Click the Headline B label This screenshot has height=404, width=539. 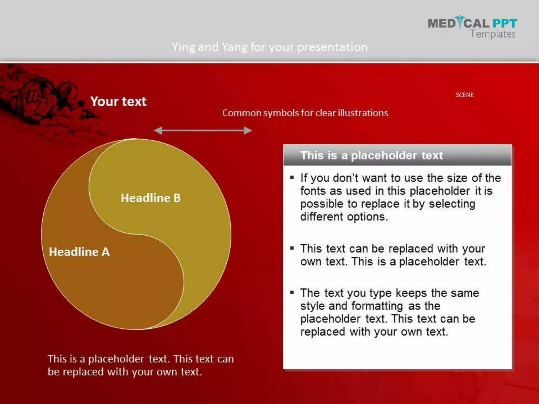(x=151, y=198)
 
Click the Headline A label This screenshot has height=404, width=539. (x=79, y=252)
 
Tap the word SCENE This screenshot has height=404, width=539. (x=465, y=95)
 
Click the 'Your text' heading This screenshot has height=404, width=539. (x=118, y=102)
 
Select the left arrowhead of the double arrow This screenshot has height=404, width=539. (x=158, y=130)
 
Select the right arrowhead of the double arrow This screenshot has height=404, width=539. (x=248, y=130)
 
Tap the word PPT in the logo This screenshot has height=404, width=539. (x=505, y=23)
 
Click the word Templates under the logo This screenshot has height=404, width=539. (x=493, y=34)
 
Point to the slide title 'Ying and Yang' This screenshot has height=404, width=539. (x=269, y=47)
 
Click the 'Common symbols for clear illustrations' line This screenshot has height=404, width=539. (x=305, y=113)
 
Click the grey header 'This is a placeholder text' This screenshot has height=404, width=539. (x=372, y=155)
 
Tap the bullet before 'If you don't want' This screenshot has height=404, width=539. (x=292, y=178)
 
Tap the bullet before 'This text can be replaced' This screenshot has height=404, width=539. (x=292, y=248)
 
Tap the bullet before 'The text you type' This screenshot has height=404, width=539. (x=292, y=292)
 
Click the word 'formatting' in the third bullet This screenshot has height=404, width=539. (x=377, y=306)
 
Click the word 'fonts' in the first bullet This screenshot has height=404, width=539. (x=313, y=191)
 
